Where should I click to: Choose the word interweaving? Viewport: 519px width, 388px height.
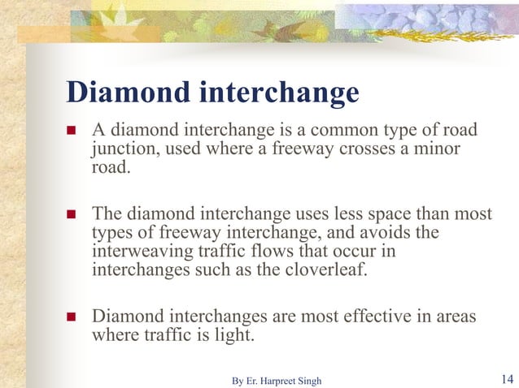[139, 252]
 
